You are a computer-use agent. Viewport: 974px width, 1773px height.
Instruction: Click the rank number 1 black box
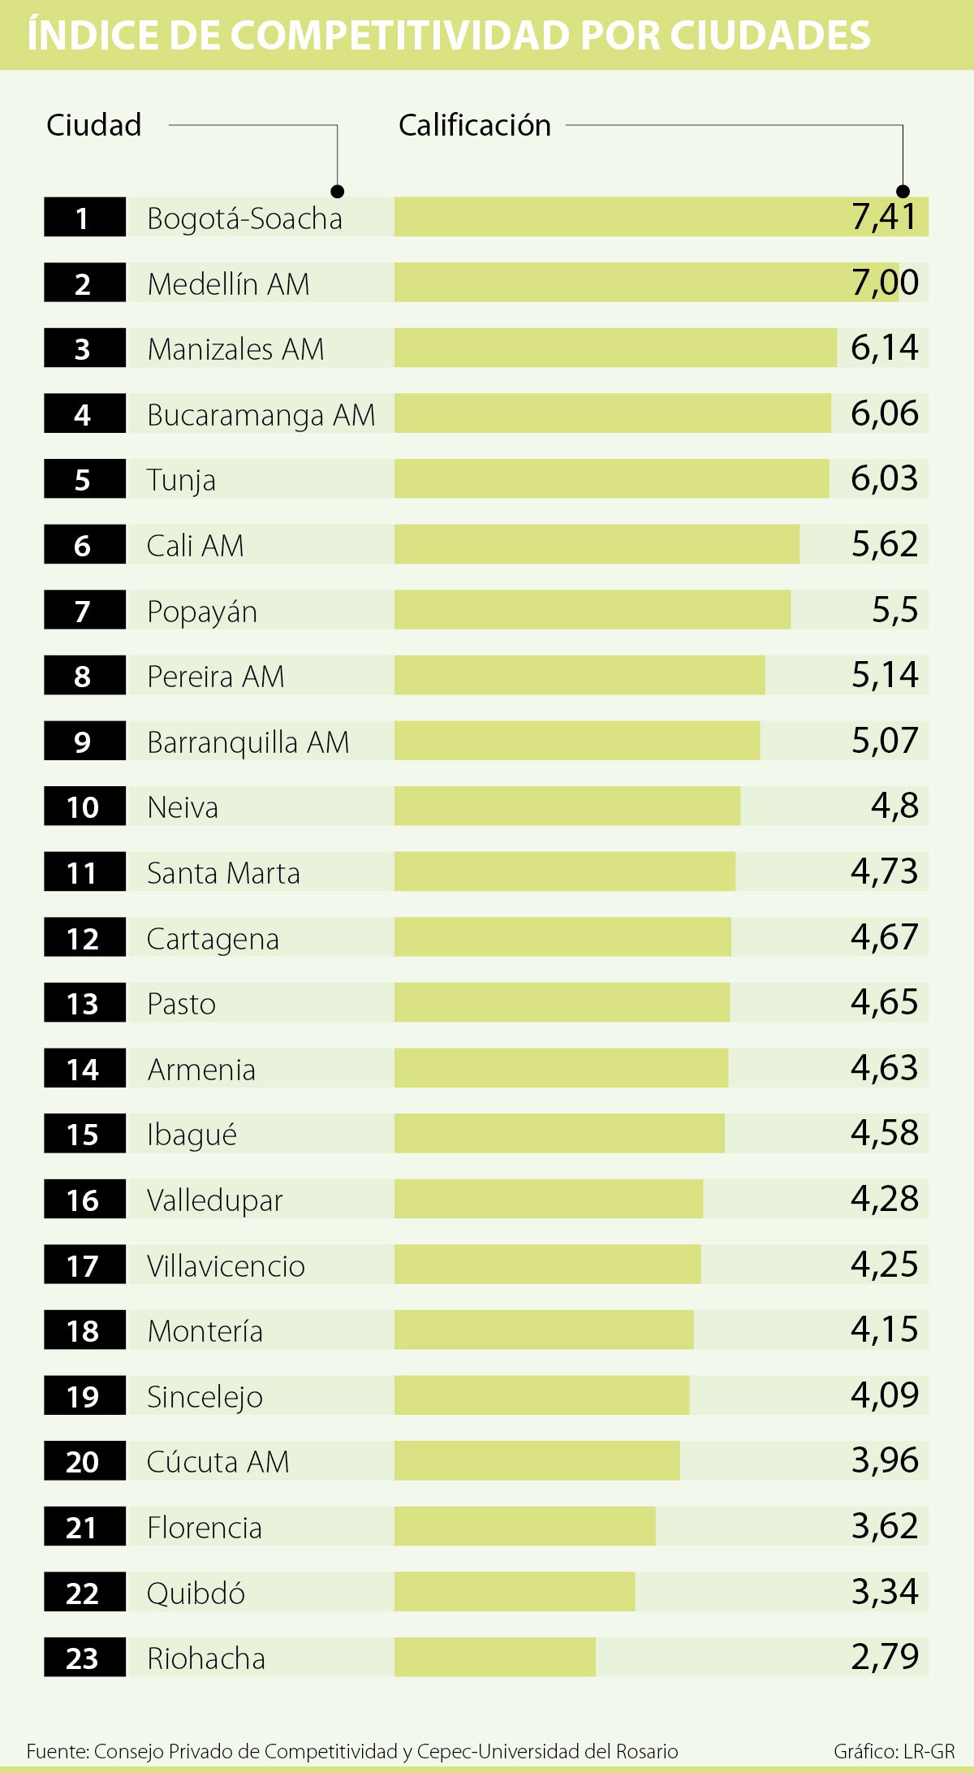(x=84, y=217)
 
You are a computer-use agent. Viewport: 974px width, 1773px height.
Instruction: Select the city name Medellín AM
(x=228, y=284)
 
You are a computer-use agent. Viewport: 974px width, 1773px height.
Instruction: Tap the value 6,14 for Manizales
(x=884, y=348)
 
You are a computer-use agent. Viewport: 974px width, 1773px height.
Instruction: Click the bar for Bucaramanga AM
(x=612, y=413)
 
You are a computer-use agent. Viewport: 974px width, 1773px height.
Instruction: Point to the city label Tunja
(x=181, y=480)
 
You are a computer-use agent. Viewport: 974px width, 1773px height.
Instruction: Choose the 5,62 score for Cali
(x=884, y=544)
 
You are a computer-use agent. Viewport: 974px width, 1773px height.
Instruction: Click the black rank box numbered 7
(x=84, y=610)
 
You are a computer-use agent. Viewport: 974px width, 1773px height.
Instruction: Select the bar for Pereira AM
(x=579, y=675)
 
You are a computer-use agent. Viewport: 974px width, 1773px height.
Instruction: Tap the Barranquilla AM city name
(x=248, y=742)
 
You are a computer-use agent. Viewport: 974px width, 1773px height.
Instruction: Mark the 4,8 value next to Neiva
(x=894, y=806)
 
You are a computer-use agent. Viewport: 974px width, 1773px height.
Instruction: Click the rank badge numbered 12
(x=84, y=937)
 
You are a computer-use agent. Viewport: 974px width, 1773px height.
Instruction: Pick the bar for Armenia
(x=561, y=1068)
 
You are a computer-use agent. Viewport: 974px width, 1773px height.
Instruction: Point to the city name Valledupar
(x=214, y=1200)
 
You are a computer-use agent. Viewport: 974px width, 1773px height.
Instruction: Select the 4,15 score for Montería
(x=884, y=1330)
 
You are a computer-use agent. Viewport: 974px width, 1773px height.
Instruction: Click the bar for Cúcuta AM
(x=537, y=1461)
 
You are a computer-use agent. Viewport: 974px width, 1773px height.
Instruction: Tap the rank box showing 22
(x=84, y=1592)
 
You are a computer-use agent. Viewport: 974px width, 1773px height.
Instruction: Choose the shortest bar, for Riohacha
(x=494, y=1657)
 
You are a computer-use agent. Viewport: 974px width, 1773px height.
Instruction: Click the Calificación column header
(x=475, y=125)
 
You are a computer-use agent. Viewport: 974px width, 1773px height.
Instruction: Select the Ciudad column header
(x=94, y=125)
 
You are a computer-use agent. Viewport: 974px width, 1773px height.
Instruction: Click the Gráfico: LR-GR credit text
(x=894, y=1750)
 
